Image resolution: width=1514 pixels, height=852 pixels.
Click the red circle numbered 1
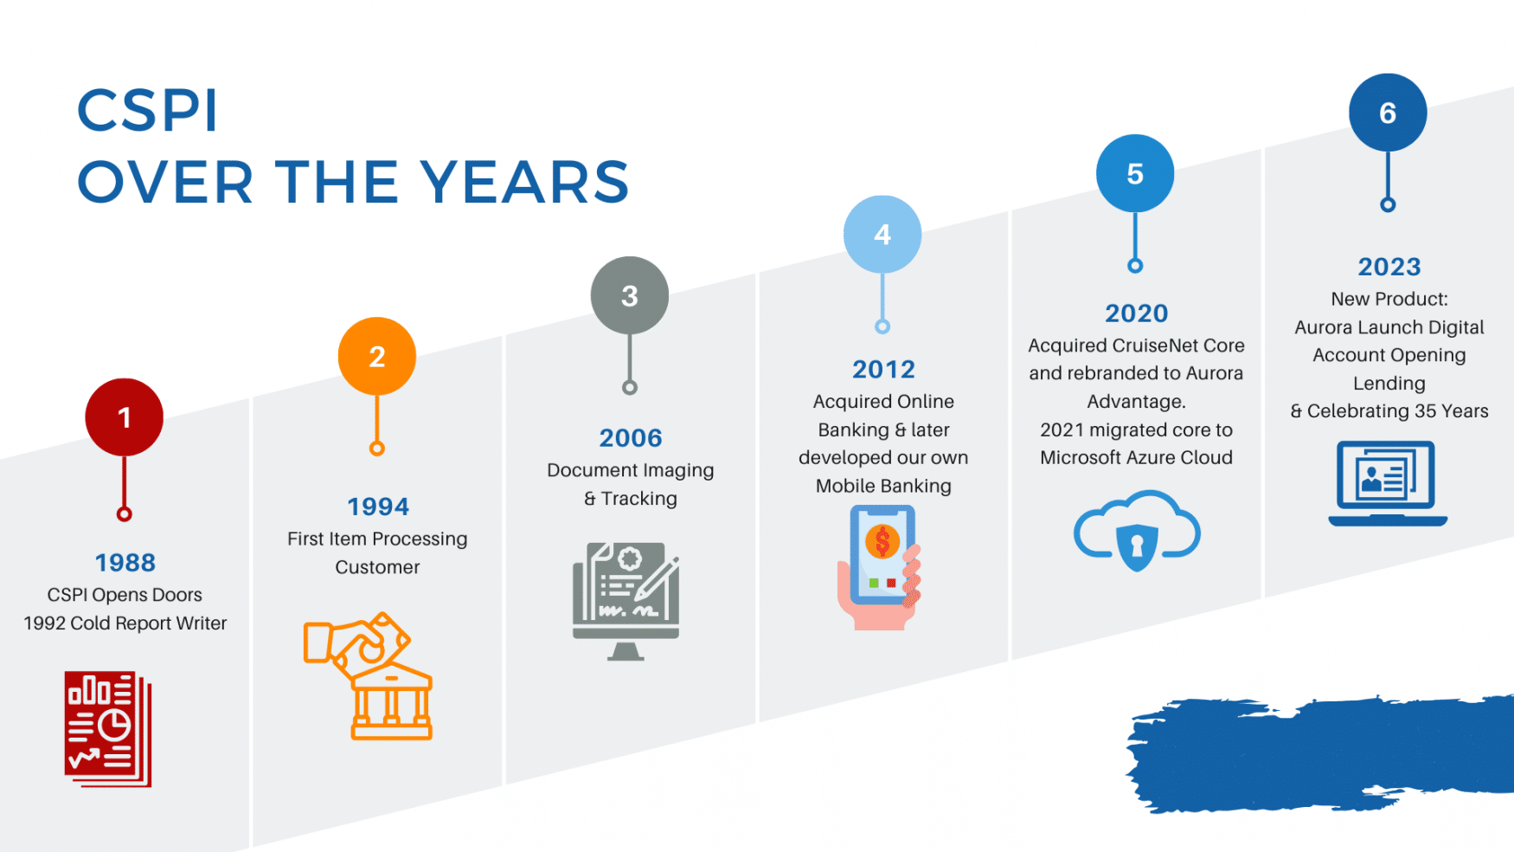[124, 417]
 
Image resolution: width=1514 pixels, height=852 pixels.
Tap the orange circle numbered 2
[376, 356]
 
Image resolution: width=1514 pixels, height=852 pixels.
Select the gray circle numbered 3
[629, 295]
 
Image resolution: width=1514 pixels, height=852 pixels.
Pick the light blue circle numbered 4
[882, 235]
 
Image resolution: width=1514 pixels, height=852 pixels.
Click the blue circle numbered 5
[1134, 173]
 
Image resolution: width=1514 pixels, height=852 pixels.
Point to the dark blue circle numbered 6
[1387, 113]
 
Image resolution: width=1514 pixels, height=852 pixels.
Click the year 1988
[125, 563]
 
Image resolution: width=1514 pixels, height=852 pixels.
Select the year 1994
[378, 507]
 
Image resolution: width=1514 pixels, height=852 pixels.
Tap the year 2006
[631, 438]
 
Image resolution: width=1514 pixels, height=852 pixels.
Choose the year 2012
[883, 370]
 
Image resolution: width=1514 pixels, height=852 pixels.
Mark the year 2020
[1136, 313]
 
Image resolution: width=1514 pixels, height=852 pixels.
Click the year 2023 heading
[1389, 267]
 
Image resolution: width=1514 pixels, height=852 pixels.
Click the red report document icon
[108, 728]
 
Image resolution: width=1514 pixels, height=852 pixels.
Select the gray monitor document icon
[625, 601]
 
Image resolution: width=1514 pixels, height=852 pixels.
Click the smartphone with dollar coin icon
[880, 567]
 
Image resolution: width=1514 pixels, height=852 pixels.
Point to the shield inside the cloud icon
[1137, 546]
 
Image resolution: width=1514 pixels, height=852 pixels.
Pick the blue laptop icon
[1387, 483]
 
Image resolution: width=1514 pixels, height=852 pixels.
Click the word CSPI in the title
[147, 111]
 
